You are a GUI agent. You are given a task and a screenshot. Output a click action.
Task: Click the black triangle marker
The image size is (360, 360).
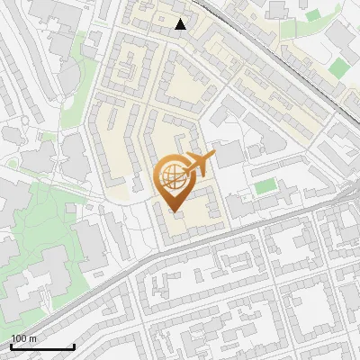181,24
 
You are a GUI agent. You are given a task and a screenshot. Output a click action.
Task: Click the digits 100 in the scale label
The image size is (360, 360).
18,338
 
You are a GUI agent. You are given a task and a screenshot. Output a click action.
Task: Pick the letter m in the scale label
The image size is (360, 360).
31,338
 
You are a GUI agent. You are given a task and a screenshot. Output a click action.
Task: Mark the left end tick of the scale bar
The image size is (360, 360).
11,346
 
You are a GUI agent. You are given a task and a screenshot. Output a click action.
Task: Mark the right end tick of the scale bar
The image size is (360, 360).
74,346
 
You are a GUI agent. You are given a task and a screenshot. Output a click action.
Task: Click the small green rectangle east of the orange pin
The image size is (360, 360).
265,186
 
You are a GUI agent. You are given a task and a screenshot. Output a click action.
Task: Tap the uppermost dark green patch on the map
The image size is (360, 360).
312,15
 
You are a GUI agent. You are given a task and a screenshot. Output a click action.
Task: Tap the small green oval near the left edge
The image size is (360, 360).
13,164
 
